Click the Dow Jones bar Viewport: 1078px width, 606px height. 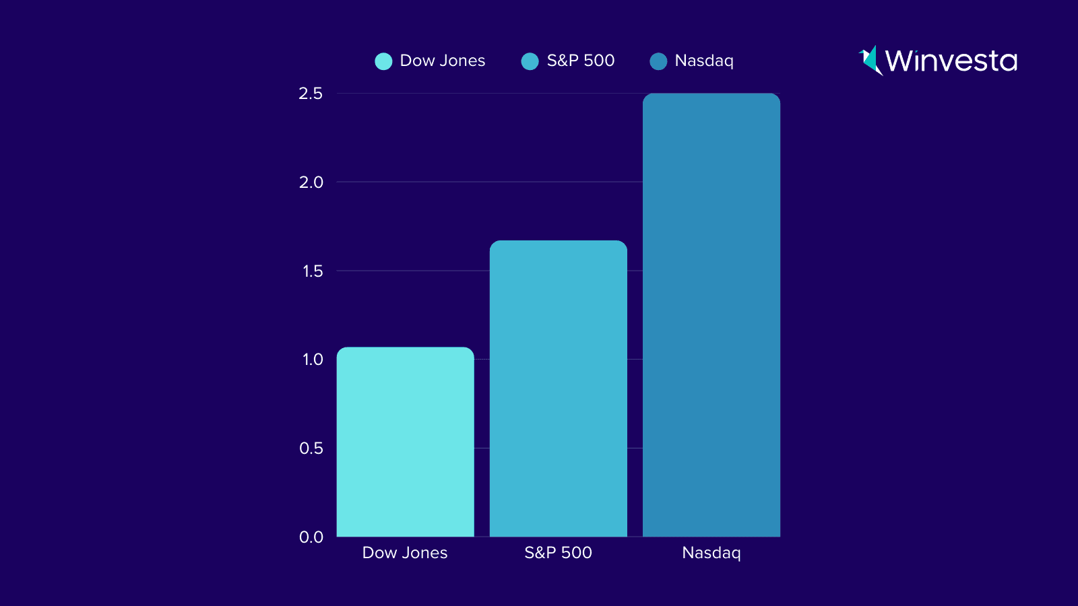(x=405, y=442)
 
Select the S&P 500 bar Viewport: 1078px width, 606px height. (x=558, y=389)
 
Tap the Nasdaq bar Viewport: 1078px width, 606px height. (x=711, y=315)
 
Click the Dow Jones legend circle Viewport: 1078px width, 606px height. (x=383, y=61)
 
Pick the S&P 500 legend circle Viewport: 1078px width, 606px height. (x=530, y=61)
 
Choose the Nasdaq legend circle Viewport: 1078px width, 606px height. (x=658, y=61)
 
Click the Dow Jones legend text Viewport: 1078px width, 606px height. (x=443, y=61)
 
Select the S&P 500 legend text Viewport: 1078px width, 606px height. (x=580, y=61)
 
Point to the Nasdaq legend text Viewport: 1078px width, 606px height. (x=704, y=61)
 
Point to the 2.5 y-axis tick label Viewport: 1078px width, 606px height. (x=311, y=94)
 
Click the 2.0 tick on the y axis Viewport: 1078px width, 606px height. (x=311, y=182)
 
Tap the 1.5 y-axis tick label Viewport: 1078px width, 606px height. (x=312, y=271)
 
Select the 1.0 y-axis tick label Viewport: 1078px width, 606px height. (x=312, y=360)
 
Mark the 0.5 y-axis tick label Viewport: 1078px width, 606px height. (x=311, y=448)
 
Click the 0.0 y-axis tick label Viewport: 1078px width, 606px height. (x=311, y=537)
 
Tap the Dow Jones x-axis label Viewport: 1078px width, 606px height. (x=405, y=553)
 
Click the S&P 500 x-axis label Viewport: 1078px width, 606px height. (x=558, y=553)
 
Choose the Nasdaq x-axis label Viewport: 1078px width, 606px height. (x=711, y=553)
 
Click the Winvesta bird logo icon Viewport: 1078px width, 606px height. (x=870, y=61)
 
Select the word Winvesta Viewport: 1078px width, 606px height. (x=951, y=61)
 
